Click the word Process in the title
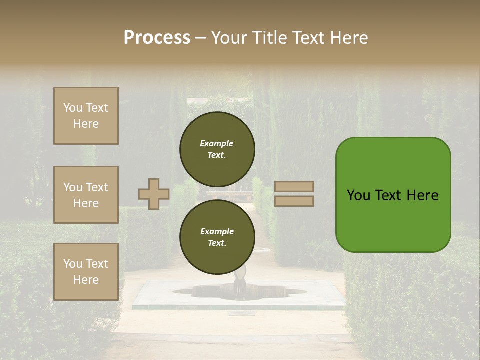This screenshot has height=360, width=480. (x=157, y=38)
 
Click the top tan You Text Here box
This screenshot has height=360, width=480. (x=86, y=116)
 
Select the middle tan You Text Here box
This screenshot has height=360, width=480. (x=86, y=195)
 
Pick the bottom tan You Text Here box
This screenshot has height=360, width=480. (x=86, y=272)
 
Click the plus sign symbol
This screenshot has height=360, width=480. (x=154, y=194)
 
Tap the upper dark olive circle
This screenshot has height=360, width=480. (x=217, y=149)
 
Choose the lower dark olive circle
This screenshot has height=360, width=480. (x=217, y=237)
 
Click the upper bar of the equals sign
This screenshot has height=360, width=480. (x=294, y=186)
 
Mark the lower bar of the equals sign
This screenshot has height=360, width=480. (x=294, y=201)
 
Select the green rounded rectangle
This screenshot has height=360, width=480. (x=393, y=195)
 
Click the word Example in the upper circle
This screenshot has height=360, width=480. (x=217, y=144)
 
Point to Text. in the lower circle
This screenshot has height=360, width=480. (x=217, y=243)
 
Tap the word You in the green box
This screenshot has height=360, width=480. (x=358, y=195)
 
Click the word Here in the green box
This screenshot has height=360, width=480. (x=422, y=195)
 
